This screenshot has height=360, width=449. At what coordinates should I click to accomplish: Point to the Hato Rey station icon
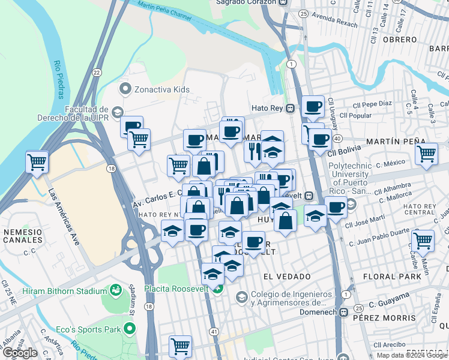pos(291,109)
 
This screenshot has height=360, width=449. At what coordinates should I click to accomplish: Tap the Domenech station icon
pos(343,312)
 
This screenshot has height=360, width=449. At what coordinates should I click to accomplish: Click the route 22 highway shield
pos(96,72)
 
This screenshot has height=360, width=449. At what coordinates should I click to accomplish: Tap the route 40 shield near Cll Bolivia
pos(339,139)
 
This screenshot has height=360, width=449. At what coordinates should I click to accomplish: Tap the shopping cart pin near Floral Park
pos(423,240)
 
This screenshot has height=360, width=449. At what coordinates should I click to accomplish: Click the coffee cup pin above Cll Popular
pos(313,106)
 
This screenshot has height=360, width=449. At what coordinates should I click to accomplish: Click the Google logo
pos(20,353)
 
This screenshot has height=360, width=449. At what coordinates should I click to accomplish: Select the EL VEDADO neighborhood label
pos(287,276)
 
